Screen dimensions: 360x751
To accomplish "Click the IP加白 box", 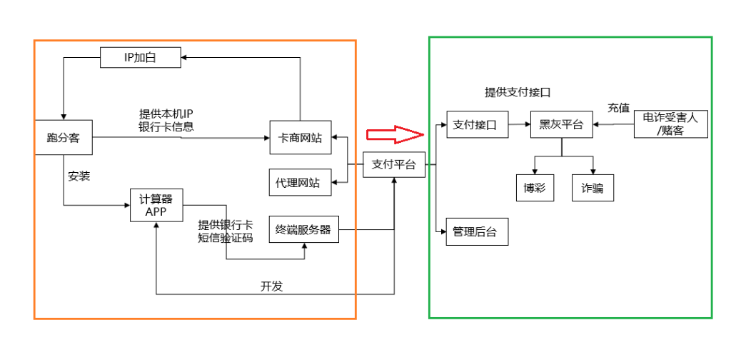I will click(140, 57).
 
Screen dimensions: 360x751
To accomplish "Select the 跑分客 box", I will click(64, 137).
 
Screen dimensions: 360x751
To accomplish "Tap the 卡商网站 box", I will click(299, 138).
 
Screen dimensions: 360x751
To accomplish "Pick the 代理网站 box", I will click(299, 183).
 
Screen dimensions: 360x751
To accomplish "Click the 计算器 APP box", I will click(156, 205).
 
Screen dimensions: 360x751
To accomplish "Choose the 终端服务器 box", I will click(303, 229).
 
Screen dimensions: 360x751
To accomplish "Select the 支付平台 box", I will click(393, 164).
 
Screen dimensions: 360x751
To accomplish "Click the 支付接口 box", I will click(476, 125).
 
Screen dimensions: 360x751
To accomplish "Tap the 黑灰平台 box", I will click(561, 125).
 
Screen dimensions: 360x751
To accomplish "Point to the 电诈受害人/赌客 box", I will click(670, 124).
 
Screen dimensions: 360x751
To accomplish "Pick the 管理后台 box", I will click(476, 231).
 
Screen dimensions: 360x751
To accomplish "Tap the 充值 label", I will click(618, 109).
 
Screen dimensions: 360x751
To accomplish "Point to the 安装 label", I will click(79, 176).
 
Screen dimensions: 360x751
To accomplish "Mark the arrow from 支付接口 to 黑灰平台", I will click(518, 125).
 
